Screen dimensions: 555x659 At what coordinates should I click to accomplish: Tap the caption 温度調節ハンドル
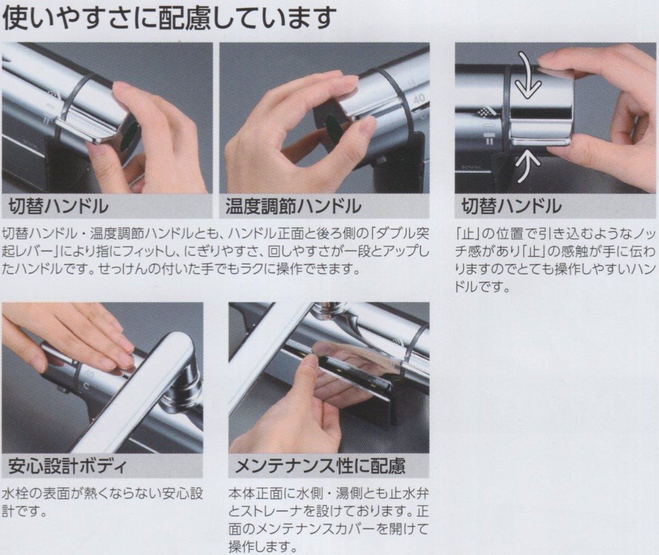293,206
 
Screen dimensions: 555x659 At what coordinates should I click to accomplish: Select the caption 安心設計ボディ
67,466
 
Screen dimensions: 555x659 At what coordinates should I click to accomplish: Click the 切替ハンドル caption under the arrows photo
511,206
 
